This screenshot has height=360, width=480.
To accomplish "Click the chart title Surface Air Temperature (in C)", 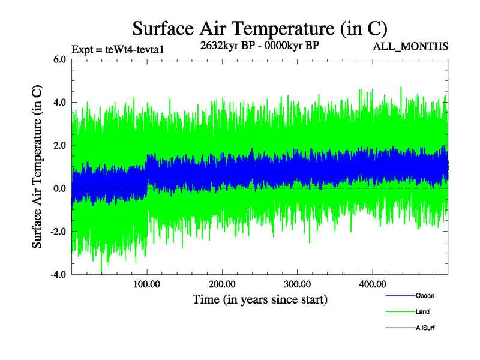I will [260, 28].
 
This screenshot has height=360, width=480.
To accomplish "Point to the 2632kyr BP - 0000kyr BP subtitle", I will [260, 45].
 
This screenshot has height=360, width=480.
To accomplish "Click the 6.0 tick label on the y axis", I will [60, 59].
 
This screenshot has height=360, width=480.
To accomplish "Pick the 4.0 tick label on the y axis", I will [60, 103].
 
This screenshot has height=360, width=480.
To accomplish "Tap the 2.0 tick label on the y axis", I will [60, 146].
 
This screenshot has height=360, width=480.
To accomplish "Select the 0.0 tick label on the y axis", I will [60, 189].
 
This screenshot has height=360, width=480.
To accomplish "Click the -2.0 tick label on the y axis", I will [58, 232].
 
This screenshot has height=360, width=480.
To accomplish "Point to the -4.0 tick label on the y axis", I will [58, 275].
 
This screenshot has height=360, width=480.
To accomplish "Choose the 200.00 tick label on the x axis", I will [222, 284].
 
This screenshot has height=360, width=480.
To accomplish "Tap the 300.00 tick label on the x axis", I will [297, 284].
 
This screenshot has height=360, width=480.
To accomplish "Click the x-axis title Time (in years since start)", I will [260, 299].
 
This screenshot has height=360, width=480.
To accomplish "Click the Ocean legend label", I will [425, 296].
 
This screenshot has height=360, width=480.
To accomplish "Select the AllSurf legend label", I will [425, 328].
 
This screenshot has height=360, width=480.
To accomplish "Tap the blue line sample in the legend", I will [399, 296].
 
